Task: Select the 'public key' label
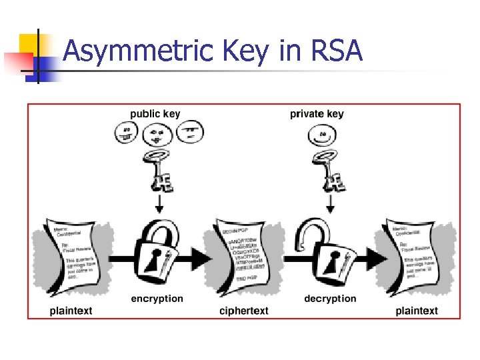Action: click(155, 114)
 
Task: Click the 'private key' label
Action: click(317, 114)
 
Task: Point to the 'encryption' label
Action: click(157, 299)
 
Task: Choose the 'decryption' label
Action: click(330, 299)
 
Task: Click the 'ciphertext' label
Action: click(244, 311)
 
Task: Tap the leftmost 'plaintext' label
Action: click(71, 311)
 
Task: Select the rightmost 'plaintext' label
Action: click(417, 311)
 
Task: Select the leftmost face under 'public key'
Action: click(127, 133)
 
